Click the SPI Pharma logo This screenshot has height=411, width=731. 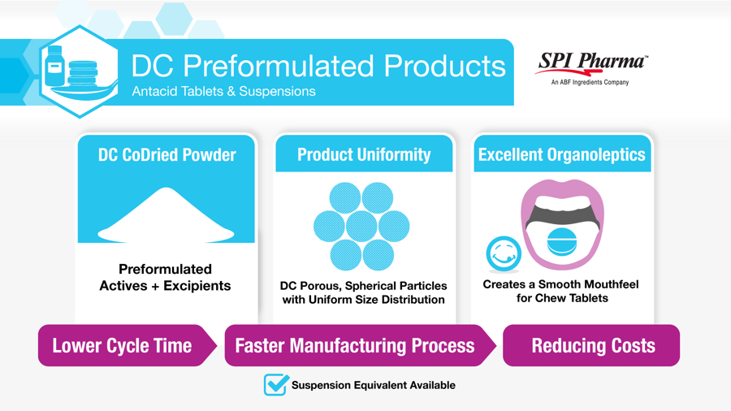[590, 68]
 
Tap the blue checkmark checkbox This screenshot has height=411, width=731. [276, 384]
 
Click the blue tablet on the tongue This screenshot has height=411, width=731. [562, 242]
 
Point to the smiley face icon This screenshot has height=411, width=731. [504, 253]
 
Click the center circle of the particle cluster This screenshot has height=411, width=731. [361, 227]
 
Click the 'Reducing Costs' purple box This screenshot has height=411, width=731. [591, 345]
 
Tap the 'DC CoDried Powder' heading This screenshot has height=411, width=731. [167, 154]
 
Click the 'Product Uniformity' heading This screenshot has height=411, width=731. [364, 154]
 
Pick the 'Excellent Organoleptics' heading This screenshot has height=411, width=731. [562, 154]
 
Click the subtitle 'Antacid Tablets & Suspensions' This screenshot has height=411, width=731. [224, 91]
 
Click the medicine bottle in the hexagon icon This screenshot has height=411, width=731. [54, 66]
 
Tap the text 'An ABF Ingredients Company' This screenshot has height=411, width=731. [590, 83]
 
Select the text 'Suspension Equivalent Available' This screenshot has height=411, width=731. [374, 385]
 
